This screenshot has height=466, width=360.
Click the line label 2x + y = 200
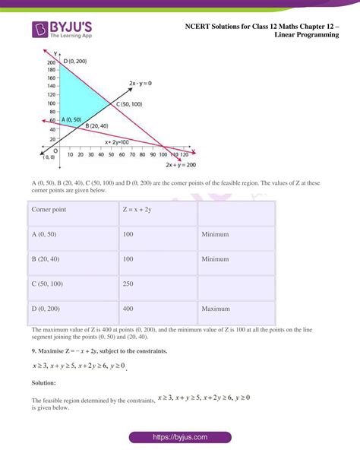point(181,165)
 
